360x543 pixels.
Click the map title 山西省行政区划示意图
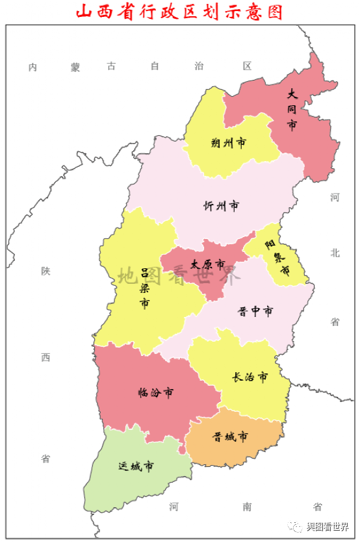[180, 12]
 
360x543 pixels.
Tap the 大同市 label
[292, 110]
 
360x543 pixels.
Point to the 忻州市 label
[221, 206]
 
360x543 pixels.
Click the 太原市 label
[207, 264]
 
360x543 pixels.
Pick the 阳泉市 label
[277, 257]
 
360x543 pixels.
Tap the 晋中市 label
[255, 311]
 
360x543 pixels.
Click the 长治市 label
[250, 377]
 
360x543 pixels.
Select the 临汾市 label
[156, 392]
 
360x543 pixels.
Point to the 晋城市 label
[230, 436]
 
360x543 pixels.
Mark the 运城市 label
[136, 466]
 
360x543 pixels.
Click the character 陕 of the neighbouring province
[45, 271]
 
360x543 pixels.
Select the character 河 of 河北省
[335, 197]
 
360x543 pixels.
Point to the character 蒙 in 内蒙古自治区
[76, 67]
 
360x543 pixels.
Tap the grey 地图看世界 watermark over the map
[179, 276]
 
